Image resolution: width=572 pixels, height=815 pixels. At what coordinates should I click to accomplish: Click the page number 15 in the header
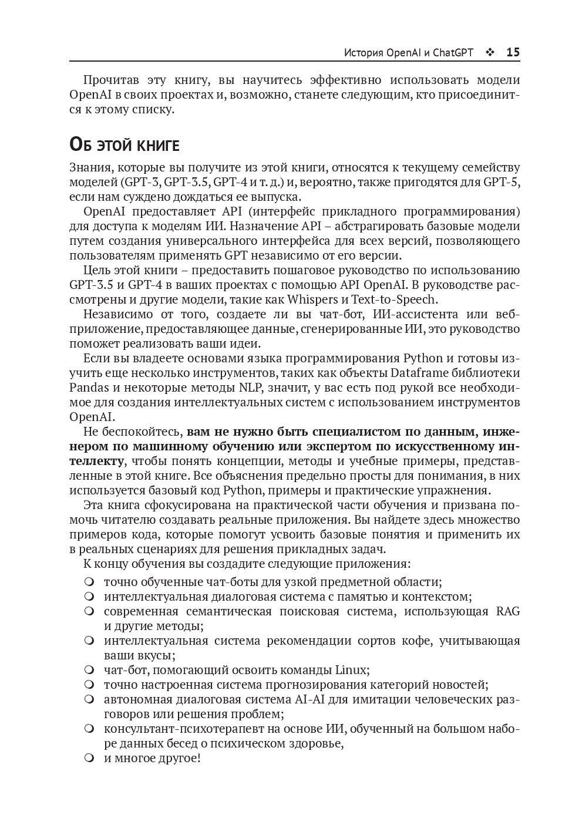point(513,52)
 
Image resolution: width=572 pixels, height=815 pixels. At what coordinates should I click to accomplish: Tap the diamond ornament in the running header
point(490,52)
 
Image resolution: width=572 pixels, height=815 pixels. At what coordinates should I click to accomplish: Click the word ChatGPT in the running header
point(453,52)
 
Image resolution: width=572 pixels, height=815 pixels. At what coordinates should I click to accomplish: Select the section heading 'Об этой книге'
point(124,144)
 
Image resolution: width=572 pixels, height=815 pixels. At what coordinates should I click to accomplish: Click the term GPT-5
point(502,182)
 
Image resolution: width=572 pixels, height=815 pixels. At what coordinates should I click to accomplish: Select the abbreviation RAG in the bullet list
point(508,611)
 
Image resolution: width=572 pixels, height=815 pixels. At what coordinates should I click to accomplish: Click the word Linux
point(351,670)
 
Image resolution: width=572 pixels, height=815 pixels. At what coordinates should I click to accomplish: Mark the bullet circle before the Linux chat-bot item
point(89,670)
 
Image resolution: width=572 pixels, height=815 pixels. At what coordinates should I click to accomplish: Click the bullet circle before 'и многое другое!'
point(89,758)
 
